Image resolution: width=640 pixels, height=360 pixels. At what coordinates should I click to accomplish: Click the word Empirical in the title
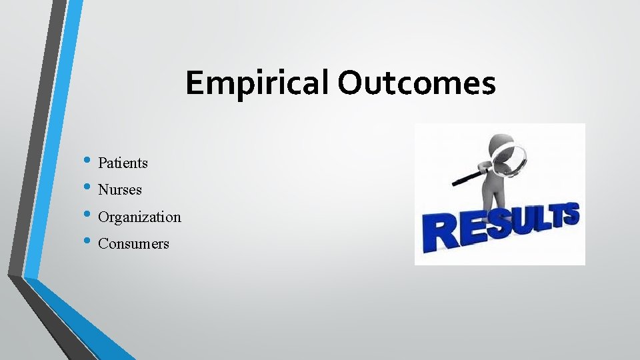(x=258, y=84)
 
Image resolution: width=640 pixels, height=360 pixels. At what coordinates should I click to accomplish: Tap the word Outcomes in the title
(x=417, y=84)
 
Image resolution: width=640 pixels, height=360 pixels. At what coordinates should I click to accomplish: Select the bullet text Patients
(x=123, y=163)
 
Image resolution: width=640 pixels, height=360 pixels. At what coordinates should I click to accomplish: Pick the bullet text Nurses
(x=120, y=190)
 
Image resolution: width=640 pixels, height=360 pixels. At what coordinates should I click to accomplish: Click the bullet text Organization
(x=139, y=217)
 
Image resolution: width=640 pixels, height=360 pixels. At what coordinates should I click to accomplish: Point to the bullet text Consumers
(x=133, y=244)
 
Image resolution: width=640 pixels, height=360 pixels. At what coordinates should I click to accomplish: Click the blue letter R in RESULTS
(x=439, y=231)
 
